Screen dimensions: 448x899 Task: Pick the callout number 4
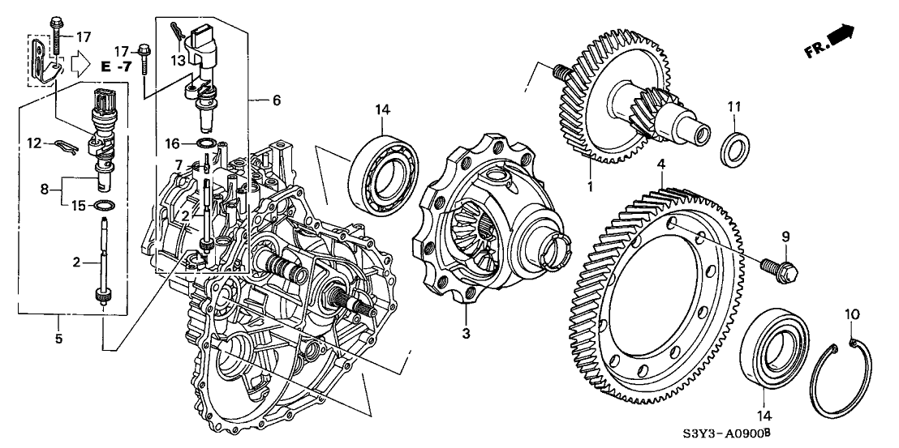tap(661, 165)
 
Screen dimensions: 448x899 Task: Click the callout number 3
tap(465, 333)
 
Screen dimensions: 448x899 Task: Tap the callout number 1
tap(591, 186)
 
